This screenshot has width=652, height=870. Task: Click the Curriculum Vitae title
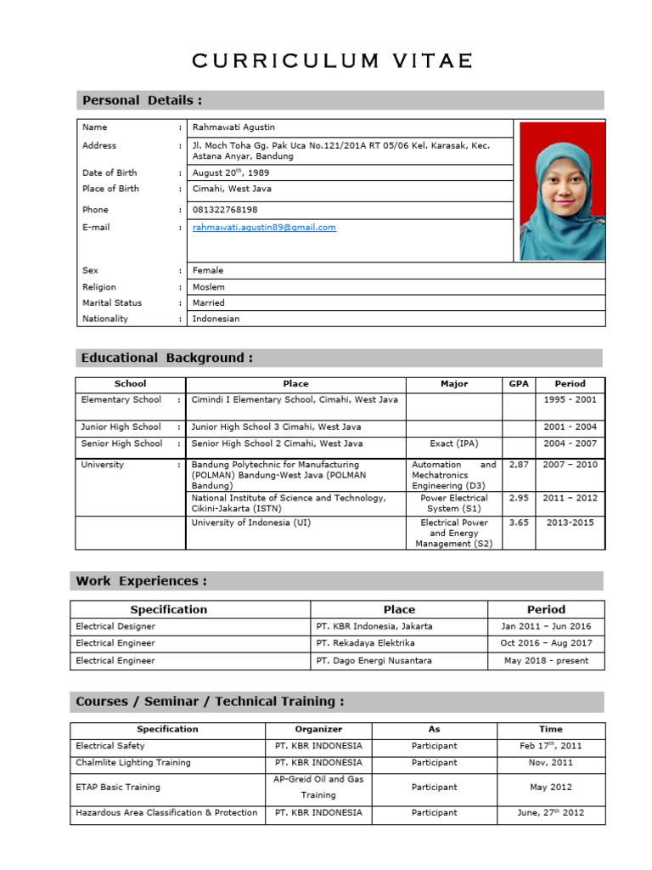pyautogui.click(x=332, y=61)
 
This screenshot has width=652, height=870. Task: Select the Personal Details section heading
pyautogui.click(x=142, y=100)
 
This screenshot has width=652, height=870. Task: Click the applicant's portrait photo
pyautogui.click(x=562, y=191)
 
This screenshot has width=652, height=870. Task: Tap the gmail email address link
pyautogui.click(x=264, y=228)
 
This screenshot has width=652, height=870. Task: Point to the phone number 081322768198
pyautogui.click(x=225, y=210)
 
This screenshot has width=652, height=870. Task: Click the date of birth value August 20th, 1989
pyautogui.click(x=231, y=172)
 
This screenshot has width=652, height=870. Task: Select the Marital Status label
pyautogui.click(x=112, y=302)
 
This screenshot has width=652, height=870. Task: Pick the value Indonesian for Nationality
pyautogui.click(x=216, y=319)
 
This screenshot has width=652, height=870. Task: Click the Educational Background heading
pyautogui.click(x=167, y=358)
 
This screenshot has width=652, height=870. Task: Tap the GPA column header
pyautogui.click(x=518, y=383)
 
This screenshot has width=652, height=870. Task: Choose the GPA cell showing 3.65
pyautogui.click(x=518, y=523)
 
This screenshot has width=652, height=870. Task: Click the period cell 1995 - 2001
pyautogui.click(x=570, y=399)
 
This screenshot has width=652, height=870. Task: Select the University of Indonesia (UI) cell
pyautogui.click(x=251, y=523)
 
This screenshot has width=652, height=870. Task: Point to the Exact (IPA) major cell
pyautogui.click(x=453, y=443)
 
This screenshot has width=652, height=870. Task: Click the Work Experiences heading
pyautogui.click(x=141, y=581)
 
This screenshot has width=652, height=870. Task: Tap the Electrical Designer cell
pyautogui.click(x=115, y=626)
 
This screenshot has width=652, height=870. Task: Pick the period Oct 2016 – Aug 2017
pyautogui.click(x=546, y=643)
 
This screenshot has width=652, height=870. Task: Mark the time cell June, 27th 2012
pyautogui.click(x=550, y=813)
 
